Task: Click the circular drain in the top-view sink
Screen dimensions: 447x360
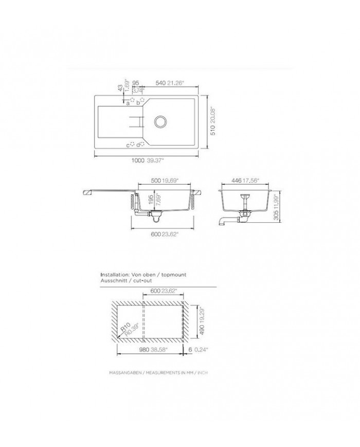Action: point(160,122)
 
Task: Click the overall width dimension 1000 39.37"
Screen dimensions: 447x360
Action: point(147,161)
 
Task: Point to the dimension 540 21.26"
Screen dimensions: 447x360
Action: point(169,82)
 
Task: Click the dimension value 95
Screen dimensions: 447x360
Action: point(136,82)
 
